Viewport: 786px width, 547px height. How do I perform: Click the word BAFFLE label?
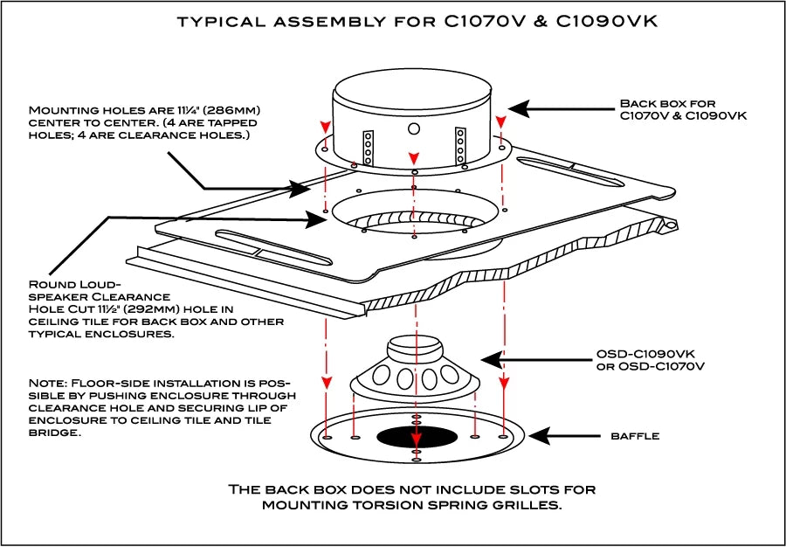tap(635, 436)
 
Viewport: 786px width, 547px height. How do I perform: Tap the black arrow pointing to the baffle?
tap(564, 436)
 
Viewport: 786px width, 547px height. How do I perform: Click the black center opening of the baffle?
tap(417, 436)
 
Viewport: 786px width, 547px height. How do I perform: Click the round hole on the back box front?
tap(414, 128)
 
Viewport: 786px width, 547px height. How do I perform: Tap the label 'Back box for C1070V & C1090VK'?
tap(683, 109)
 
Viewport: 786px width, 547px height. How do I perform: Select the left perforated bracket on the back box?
tap(369, 147)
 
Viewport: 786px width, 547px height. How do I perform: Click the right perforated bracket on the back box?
tap(460, 145)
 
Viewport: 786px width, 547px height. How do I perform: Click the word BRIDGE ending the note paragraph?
tap(53, 433)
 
